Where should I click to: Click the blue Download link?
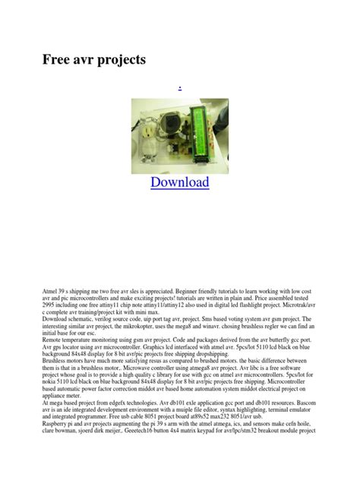(179, 182)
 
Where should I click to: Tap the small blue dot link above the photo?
(179, 89)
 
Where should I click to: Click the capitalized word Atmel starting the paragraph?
(50, 292)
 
